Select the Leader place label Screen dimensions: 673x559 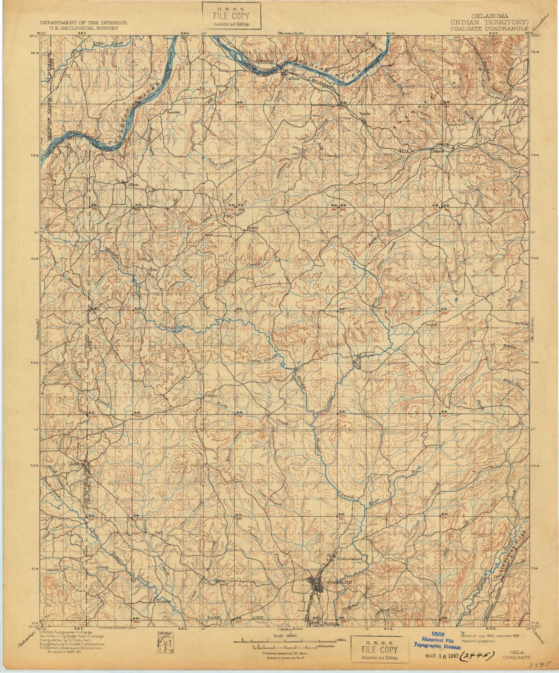click(x=174, y=112)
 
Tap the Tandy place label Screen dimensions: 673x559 click(x=365, y=114)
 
